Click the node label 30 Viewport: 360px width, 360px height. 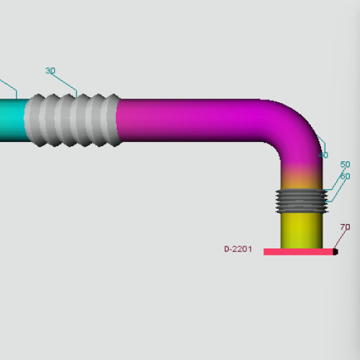(50, 71)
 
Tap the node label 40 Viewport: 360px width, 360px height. (324, 155)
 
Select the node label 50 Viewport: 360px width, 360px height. (345, 164)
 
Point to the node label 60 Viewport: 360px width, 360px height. (346, 176)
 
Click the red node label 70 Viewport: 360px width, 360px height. (345, 227)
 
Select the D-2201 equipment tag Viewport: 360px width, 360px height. (238, 249)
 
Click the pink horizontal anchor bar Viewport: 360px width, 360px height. (299, 252)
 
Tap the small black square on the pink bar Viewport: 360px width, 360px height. (336, 252)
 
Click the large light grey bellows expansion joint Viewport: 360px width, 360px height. (73, 120)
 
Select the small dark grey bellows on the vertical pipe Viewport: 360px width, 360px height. (302, 201)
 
